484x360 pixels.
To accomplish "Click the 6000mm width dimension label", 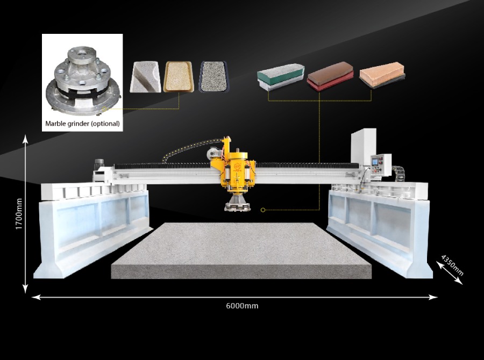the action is point(242,306).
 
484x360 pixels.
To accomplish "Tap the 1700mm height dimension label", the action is point(19,214).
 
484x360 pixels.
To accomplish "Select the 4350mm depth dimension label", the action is point(452,265).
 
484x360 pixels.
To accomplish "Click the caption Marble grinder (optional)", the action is point(82,124).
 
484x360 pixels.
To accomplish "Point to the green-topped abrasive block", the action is point(281,76).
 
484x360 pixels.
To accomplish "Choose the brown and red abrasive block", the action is point(330,76).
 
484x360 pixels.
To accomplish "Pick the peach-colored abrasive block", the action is point(382,75).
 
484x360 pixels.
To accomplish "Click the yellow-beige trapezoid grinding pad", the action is point(179,76).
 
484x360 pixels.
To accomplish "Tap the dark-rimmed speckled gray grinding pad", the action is point(214,76).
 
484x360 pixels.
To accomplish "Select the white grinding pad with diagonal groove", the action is point(145,77).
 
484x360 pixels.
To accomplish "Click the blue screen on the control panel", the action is point(375,162).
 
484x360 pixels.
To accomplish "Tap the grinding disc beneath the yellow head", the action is point(237,205).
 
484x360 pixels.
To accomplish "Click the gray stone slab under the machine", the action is point(241,250).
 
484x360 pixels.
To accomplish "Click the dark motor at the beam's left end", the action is point(99,164).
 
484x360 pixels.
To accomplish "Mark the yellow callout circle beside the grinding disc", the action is point(263,210).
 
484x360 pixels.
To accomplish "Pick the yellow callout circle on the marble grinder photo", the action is point(104,109).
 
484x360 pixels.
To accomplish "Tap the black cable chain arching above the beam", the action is point(188,147).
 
